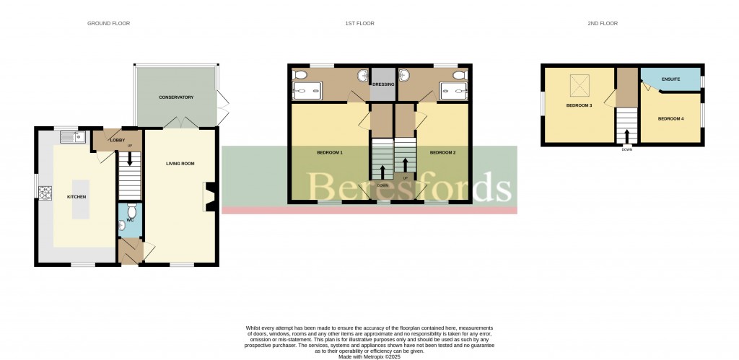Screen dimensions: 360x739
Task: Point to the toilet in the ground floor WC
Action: (x=122, y=225)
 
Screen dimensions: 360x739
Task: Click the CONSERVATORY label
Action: (x=176, y=97)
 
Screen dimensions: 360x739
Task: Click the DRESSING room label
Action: (x=384, y=84)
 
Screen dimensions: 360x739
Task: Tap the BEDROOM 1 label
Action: (x=330, y=153)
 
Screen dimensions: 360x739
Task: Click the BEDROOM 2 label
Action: (x=442, y=153)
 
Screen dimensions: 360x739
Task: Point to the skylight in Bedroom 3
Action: (x=579, y=86)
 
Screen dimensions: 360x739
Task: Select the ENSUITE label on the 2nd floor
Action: (x=670, y=79)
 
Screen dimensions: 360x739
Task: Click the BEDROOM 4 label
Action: (x=670, y=118)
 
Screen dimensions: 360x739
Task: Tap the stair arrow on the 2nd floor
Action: (x=626, y=134)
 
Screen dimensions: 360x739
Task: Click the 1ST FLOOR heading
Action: (x=359, y=24)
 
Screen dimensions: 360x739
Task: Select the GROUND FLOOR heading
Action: (x=108, y=24)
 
